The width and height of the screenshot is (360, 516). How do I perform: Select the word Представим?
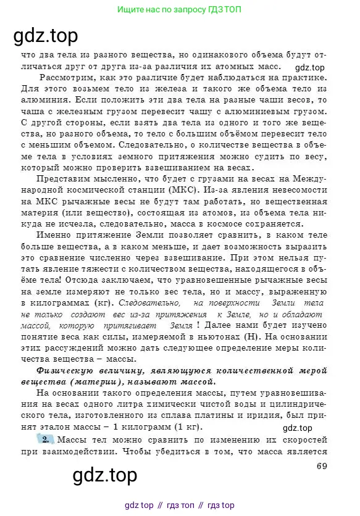64,178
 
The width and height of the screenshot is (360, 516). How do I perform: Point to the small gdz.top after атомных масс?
310,68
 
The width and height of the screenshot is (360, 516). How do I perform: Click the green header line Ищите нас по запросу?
179,10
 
